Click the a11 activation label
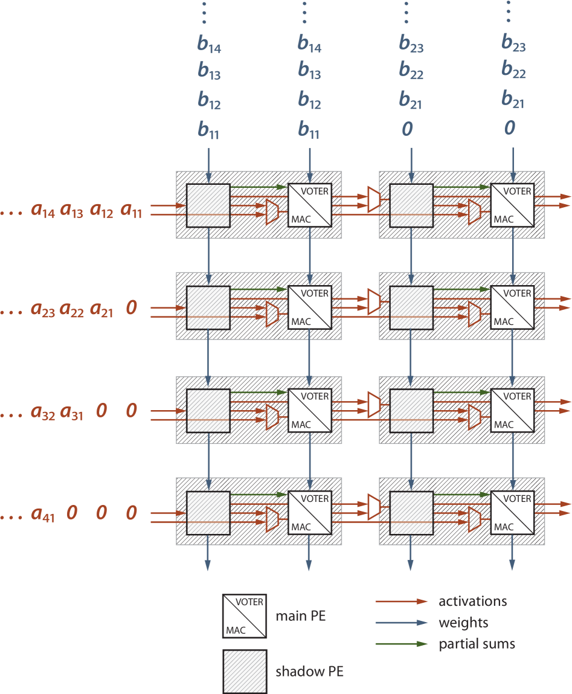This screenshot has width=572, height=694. [x=131, y=211]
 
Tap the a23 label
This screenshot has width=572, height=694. [x=43, y=310]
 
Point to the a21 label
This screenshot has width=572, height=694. [x=101, y=310]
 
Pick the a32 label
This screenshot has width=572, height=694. [x=43, y=413]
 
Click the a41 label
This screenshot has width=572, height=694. [x=43, y=515]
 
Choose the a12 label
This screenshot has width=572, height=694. [x=102, y=211]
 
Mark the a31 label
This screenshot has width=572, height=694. [x=72, y=413]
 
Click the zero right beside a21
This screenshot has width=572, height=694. [x=131, y=309]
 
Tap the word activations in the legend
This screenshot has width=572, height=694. [x=472, y=602]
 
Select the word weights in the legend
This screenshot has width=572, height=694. [x=463, y=623]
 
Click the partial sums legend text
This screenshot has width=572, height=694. [x=477, y=644]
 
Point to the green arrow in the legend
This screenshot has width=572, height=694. [x=402, y=644]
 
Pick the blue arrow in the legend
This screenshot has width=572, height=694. [x=402, y=623]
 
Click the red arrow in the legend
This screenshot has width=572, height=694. [x=402, y=602]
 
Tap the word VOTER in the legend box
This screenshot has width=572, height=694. [x=249, y=602]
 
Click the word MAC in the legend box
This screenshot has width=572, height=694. [x=236, y=630]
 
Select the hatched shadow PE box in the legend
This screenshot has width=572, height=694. [x=245, y=671]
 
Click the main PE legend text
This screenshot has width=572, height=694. [x=300, y=617]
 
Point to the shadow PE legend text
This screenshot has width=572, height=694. [x=309, y=671]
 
